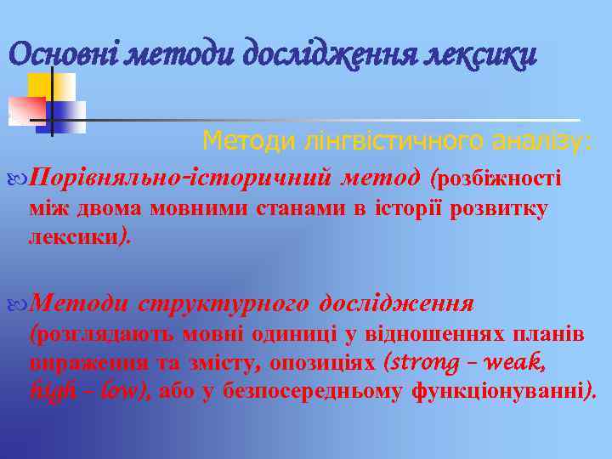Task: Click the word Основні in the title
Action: [x=63, y=55]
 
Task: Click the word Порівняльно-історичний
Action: [x=179, y=178]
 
